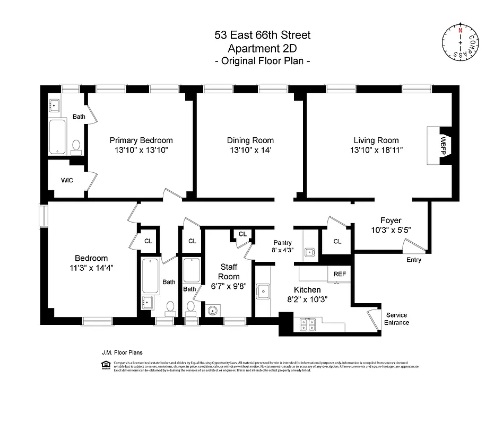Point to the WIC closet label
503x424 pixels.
67,180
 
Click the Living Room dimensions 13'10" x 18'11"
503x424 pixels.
376,151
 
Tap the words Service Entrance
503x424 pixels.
396,319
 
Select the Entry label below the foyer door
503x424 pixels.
413,260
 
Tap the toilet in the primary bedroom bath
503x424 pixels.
76,145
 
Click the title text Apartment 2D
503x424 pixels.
262,48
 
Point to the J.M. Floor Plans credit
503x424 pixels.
122,352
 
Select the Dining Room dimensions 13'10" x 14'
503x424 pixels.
250,151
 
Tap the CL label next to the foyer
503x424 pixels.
337,241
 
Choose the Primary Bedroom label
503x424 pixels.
141,140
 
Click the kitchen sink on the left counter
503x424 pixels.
263,290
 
